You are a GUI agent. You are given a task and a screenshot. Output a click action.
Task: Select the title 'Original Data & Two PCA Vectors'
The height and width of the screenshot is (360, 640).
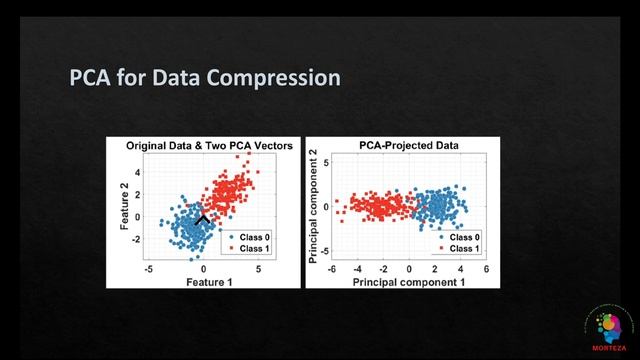[209, 145]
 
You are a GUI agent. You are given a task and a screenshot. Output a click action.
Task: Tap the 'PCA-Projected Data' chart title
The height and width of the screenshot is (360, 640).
[409, 145]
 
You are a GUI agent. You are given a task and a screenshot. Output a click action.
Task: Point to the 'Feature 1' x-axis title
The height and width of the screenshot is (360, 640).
[203, 283]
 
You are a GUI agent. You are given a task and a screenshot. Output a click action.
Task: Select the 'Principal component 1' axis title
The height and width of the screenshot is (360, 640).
[408, 283]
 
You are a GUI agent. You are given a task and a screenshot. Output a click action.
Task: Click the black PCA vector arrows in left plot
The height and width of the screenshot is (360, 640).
[203, 218]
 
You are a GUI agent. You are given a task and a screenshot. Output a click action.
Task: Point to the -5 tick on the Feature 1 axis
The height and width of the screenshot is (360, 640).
[149, 270]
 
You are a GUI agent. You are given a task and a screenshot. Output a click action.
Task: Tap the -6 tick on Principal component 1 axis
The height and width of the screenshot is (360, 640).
[332, 270]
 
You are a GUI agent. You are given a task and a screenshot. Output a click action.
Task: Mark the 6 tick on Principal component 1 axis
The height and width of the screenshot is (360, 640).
[486, 270]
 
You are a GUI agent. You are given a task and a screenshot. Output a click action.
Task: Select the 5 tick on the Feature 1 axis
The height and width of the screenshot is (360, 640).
[258, 270]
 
